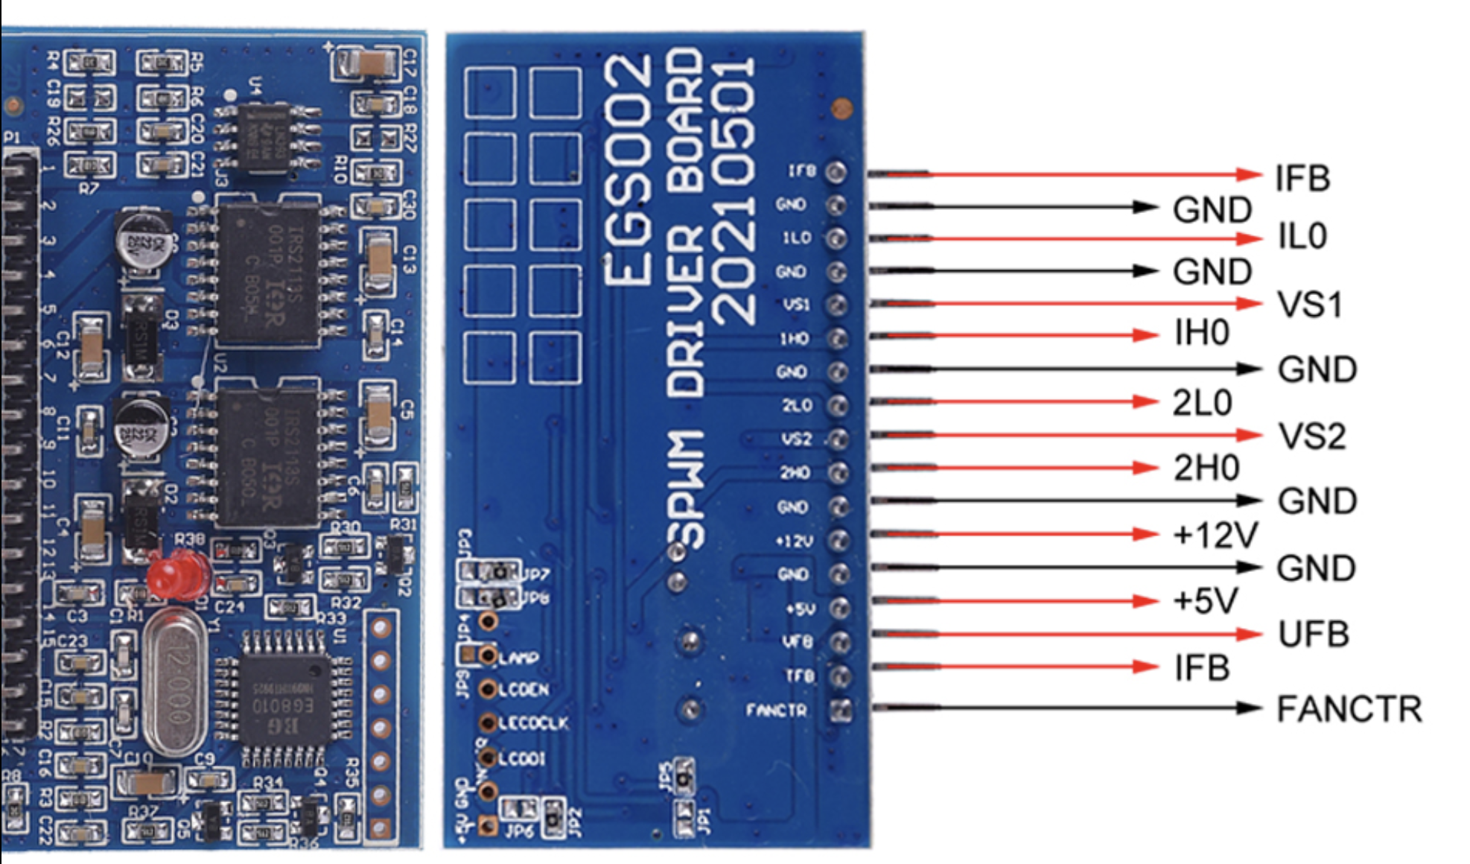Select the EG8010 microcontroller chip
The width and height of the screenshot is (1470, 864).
(283, 701)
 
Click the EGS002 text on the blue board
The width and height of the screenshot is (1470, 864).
(627, 171)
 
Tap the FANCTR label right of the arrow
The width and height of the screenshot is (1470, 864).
(1349, 708)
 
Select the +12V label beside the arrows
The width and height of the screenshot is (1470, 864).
(1215, 534)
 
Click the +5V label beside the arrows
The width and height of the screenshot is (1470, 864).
(1205, 600)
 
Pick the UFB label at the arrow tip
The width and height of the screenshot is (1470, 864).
(1314, 635)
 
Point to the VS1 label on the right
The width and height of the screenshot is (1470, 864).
(1310, 305)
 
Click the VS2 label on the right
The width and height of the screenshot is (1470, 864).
(1311, 436)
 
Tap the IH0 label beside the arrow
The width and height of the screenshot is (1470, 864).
(1201, 332)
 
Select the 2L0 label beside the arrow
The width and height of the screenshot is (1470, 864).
(1202, 403)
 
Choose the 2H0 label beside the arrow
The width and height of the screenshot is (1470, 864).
(1206, 468)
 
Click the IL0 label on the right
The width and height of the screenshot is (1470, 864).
(1302, 237)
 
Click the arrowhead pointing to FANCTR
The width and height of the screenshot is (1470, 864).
(1249, 708)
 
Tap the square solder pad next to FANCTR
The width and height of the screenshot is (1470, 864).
(841, 710)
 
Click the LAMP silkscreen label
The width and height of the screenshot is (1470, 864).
(518, 658)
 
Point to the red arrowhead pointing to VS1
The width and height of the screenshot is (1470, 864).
(1249, 303)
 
